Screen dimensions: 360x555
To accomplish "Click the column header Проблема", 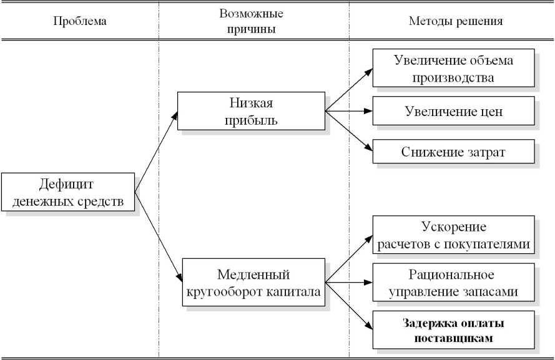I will coord(80,21).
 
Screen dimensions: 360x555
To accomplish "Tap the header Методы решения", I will coord(456,21).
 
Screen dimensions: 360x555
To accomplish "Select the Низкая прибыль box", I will coord(251,112).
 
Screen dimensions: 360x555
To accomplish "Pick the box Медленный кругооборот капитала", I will coord(253,283).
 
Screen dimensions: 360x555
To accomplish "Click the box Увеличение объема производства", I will coord(453,69).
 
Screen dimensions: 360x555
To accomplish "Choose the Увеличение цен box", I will coord(453,112).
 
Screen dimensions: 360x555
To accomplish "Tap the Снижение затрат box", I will coord(453,152).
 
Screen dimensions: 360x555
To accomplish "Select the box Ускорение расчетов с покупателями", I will coord(453,235).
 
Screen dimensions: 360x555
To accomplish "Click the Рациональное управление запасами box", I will coord(453,283).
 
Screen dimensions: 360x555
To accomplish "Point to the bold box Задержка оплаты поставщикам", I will coord(453,331).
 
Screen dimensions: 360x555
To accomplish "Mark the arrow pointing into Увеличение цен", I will coord(350,112).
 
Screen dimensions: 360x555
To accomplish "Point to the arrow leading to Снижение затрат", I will coord(350,132).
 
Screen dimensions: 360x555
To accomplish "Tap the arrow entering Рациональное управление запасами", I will coord(350,283).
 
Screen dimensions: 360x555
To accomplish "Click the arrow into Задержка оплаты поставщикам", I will coord(350,307).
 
